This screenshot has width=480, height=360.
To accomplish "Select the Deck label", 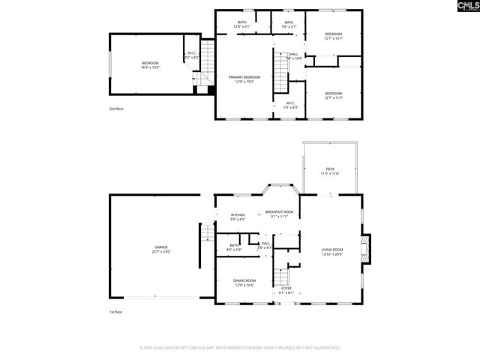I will click(330, 171).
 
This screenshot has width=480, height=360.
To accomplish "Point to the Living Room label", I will click(331, 252).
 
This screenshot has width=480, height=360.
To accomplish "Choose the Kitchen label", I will click(238, 217).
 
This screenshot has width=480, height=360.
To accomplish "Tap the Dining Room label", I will click(244, 283).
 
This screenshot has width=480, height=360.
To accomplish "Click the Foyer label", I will click(286, 289).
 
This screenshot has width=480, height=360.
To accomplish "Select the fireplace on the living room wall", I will click(365, 249).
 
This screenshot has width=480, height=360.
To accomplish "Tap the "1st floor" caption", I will click(115, 311).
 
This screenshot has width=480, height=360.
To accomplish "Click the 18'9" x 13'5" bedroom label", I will click(151, 65).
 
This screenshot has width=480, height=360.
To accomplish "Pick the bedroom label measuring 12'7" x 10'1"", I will click(334, 36).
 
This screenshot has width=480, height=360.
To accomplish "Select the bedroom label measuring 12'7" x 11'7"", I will click(333, 95).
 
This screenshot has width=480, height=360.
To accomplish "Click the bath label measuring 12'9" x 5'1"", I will click(241, 24).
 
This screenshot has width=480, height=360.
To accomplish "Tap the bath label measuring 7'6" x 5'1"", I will click(289, 24).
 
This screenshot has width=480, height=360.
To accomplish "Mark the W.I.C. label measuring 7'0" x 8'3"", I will click(289, 106).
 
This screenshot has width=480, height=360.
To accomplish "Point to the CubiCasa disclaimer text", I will click(240, 348).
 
